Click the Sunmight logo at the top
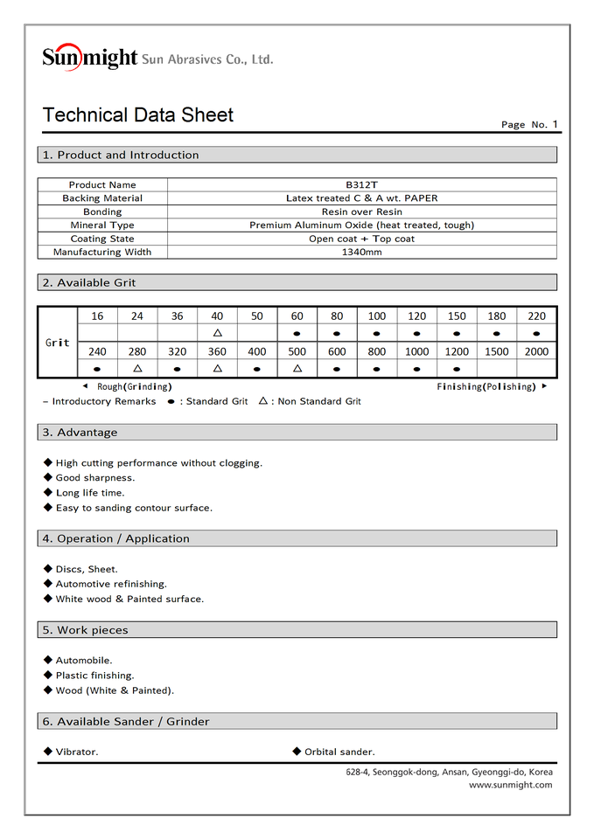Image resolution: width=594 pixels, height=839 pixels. pos(90,58)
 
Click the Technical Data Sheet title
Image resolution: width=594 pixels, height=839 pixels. pos(138,115)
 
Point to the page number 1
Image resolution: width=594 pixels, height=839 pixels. pos(555,124)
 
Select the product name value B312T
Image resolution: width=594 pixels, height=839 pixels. pos(361,185)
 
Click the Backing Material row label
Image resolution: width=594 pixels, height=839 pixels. pos(102,198)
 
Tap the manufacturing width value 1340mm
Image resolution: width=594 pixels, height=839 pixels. pos(361,253)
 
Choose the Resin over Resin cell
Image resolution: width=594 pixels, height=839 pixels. pos(361,212)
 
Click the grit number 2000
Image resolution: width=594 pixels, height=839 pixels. pos(536,351)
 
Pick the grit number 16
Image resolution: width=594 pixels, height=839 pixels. pos(97,316)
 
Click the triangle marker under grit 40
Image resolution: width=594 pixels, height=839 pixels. pos(217,334)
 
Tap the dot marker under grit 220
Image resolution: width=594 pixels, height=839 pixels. pos(536,334)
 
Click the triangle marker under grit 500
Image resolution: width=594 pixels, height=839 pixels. pos(297,369)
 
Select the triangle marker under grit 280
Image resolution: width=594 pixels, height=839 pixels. pos(137,369)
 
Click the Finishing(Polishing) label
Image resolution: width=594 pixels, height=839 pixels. pos(485,386)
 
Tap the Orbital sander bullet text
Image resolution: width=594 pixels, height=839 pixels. pos(339,752)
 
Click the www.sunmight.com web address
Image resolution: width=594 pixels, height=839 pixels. pos(510,785)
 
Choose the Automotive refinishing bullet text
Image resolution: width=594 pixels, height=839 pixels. pos(111,584)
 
